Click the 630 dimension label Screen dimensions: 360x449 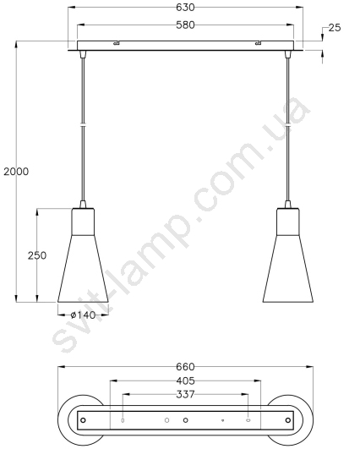point(185,7)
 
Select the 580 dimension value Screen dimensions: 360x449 point(185,25)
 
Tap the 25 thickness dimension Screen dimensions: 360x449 point(335,28)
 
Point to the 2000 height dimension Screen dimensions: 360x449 point(16,172)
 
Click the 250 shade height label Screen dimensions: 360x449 point(37,255)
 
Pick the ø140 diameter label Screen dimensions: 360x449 point(83,315)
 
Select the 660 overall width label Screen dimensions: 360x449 point(185,367)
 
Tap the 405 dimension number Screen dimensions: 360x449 point(185,381)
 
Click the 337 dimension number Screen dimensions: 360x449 point(185,395)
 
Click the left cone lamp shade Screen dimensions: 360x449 point(83,269)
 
